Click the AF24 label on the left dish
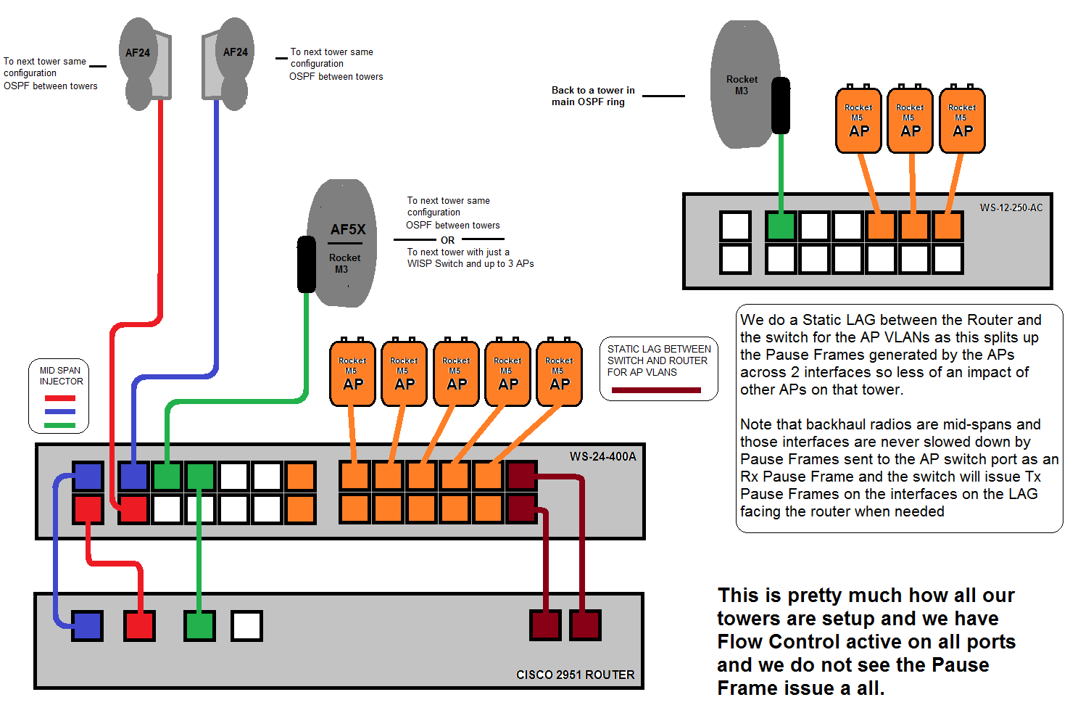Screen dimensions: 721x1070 pos(137,53)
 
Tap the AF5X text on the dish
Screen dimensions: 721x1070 pos(348,229)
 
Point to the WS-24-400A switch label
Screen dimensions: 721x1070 pos(602,456)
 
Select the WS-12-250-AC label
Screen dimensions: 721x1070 pos(1011,207)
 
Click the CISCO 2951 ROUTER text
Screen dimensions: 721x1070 pos(575,675)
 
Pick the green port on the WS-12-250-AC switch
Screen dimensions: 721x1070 pos(781,226)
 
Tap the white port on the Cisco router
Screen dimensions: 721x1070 pos(246,625)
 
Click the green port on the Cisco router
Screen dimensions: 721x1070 pos(199,625)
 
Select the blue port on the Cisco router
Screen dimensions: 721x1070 pos(87,625)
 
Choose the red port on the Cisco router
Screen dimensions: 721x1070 pos(140,625)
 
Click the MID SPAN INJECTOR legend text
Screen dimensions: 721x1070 pos(61,376)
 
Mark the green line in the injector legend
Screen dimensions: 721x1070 pos(60,425)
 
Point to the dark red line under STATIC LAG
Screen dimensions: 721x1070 pos(656,390)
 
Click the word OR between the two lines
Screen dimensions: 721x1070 pos(447,240)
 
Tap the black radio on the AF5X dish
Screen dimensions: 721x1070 pos(307,265)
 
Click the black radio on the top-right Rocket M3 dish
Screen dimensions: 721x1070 pos(780,105)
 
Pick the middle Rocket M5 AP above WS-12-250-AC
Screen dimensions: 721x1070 pos(911,121)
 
